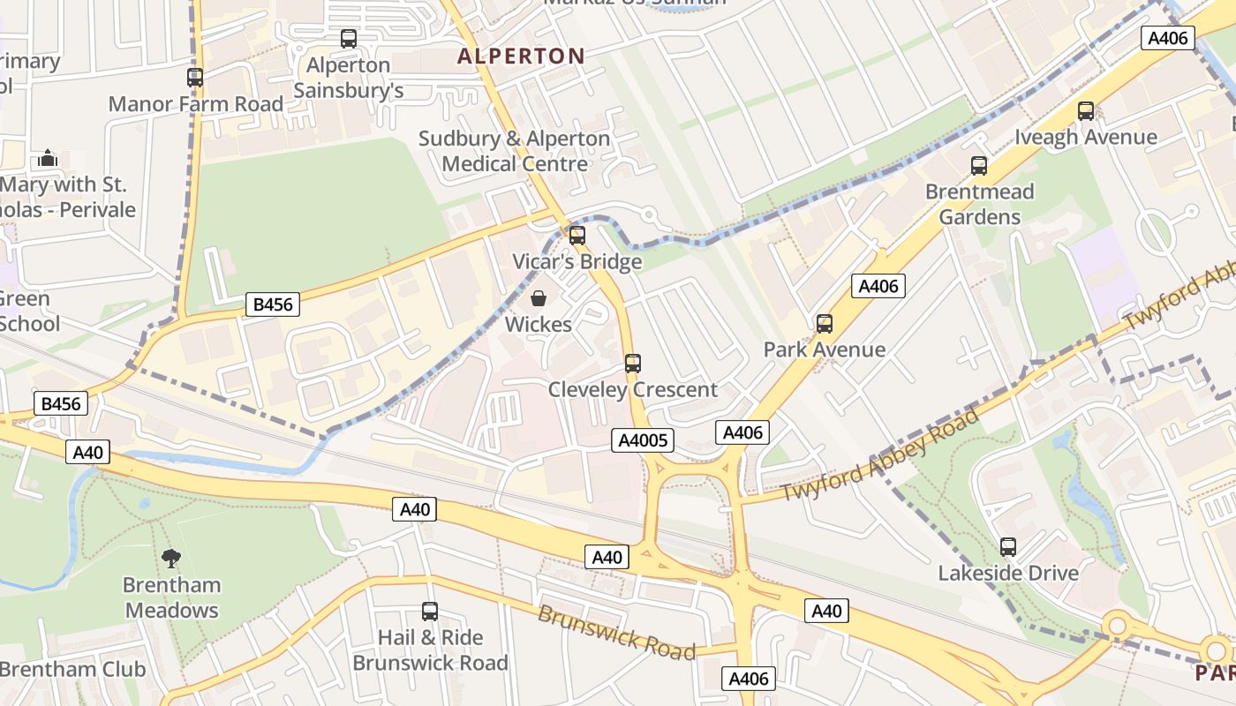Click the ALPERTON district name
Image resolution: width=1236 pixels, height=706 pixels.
tap(521, 56)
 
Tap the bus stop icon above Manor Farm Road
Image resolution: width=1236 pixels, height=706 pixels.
tap(195, 78)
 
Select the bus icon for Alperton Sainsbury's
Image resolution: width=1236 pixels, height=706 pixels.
tap(349, 39)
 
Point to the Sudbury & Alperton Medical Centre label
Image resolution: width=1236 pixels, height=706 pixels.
tap(515, 151)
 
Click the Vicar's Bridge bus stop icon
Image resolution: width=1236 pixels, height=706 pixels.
tap(577, 236)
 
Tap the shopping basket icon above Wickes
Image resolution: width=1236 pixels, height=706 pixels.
tap(539, 299)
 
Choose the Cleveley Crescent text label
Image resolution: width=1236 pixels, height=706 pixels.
tap(633, 389)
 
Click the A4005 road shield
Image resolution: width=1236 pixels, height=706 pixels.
tap(643, 440)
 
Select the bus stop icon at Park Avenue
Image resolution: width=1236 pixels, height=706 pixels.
tap(825, 324)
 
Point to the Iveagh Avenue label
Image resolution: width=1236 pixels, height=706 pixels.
tap(1086, 137)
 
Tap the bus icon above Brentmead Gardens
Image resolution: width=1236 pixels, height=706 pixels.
tap(979, 166)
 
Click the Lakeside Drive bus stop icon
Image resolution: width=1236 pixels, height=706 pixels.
tap(1008, 547)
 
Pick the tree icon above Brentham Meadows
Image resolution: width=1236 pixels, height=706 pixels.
tap(171, 558)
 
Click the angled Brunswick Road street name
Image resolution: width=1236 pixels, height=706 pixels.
tap(616, 633)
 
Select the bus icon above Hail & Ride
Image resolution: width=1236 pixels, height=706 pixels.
tap(430, 612)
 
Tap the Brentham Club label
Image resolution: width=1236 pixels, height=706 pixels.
tap(72, 669)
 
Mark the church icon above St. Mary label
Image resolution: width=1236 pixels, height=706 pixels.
tap(48, 159)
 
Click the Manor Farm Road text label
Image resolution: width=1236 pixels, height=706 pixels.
tap(196, 104)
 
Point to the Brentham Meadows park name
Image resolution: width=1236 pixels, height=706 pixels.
tap(172, 597)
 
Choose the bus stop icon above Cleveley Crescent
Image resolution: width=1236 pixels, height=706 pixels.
tap(633, 363)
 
